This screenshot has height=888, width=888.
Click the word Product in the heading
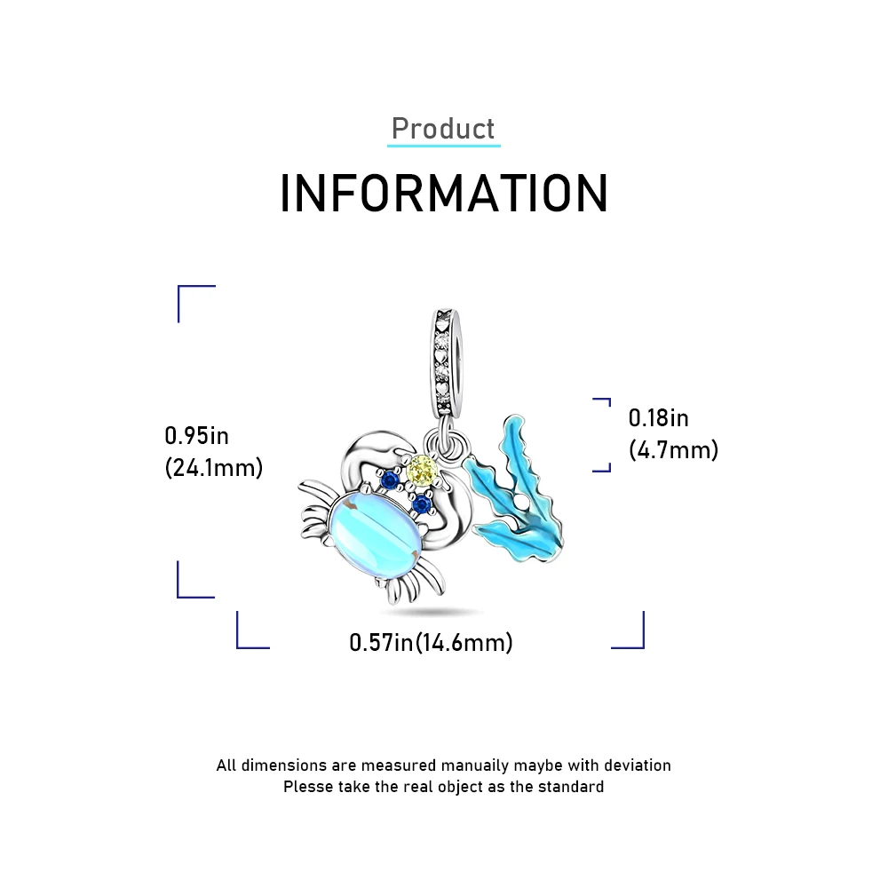click(x=443, y=129)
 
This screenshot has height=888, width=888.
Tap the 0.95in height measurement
click(x=197, y=435)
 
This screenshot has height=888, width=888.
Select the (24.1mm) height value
click(x=214, y=468)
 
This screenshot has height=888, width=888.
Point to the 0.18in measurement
click(x=659, y=417)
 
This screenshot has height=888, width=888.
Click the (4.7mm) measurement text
click(x=673, y=450)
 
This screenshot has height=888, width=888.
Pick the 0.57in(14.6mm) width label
click(x=431, y=642)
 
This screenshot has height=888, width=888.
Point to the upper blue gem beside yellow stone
click(x=388, y=480)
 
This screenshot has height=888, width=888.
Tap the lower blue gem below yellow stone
click(x=421, y=504)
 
